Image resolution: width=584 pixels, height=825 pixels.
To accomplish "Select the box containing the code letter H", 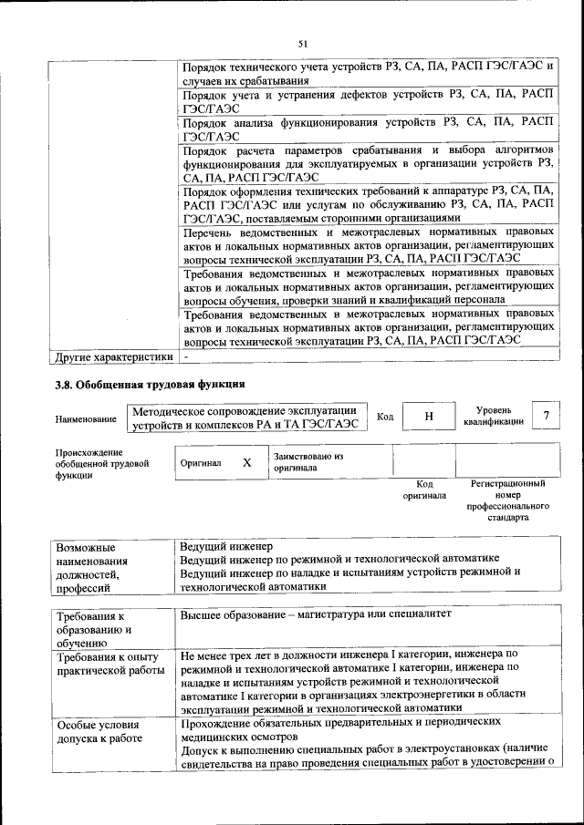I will tap(428, 417).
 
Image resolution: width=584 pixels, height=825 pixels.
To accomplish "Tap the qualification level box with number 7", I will tap(546, 416).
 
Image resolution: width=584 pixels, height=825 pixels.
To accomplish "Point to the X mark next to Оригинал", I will tap(246, 462).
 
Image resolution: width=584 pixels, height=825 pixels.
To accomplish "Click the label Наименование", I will tap(86, 419).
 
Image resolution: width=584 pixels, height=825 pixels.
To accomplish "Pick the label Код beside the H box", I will tap(385, 417).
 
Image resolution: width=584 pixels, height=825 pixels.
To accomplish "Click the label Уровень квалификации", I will tap(494, 417).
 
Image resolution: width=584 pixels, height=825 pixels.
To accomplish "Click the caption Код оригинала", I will tap(424, 490).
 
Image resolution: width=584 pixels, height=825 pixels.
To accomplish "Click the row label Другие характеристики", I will tap(113, 356).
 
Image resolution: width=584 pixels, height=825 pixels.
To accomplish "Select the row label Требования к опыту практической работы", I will tap(108, 664).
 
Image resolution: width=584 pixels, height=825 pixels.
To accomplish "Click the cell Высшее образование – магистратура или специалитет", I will tap(316, 614).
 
